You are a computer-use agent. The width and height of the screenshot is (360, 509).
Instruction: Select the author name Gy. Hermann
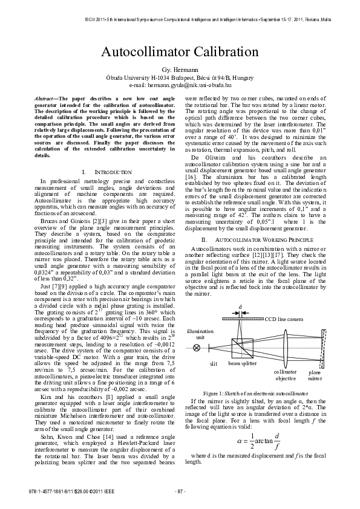coord(180,71)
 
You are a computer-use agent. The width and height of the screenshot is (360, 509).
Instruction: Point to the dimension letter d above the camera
coord(240,307)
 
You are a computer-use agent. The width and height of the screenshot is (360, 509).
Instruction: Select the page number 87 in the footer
coord(180,491)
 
